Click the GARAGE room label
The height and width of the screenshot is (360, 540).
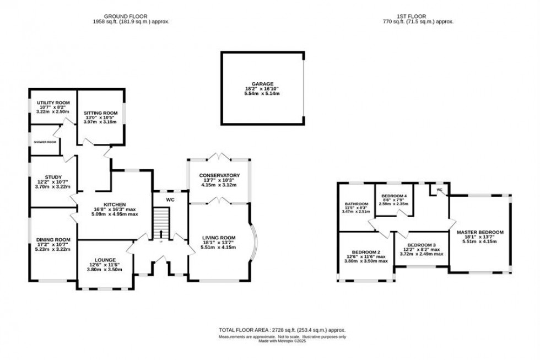click(263, 84)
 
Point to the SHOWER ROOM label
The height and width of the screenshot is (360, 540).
click(45, 142)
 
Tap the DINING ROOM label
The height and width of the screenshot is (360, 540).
click(53, 239)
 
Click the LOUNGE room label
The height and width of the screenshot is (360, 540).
click(105, 260)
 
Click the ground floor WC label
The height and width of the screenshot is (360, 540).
click(170, 200)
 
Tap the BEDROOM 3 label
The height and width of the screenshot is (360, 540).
click(422, 245)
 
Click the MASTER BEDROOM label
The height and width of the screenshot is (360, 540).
click(480, 233)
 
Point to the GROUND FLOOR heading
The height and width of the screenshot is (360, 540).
click(131, 16)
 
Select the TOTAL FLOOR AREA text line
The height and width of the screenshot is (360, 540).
click(282, 330)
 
